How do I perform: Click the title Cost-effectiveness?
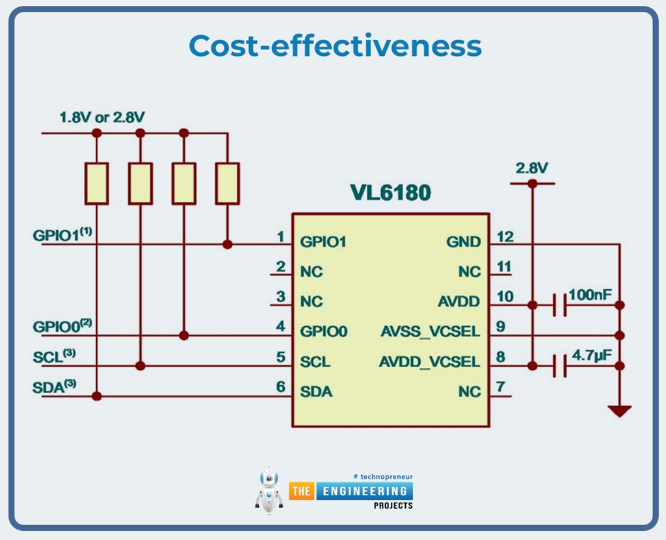point(335,45)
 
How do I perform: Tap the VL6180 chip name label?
point(390,193)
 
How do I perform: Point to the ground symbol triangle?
point(619,411)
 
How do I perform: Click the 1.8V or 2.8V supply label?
point(102,118)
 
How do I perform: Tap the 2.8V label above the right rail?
point(532,168)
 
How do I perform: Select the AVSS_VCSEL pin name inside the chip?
point(430,331)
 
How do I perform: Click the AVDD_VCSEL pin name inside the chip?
point(429,362)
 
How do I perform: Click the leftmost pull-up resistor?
point(97,183)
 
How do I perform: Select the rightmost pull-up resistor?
point(227,183)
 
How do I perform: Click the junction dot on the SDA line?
point(97,396)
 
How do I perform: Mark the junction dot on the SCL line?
point(140,366)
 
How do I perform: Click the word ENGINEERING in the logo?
point(365,491)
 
